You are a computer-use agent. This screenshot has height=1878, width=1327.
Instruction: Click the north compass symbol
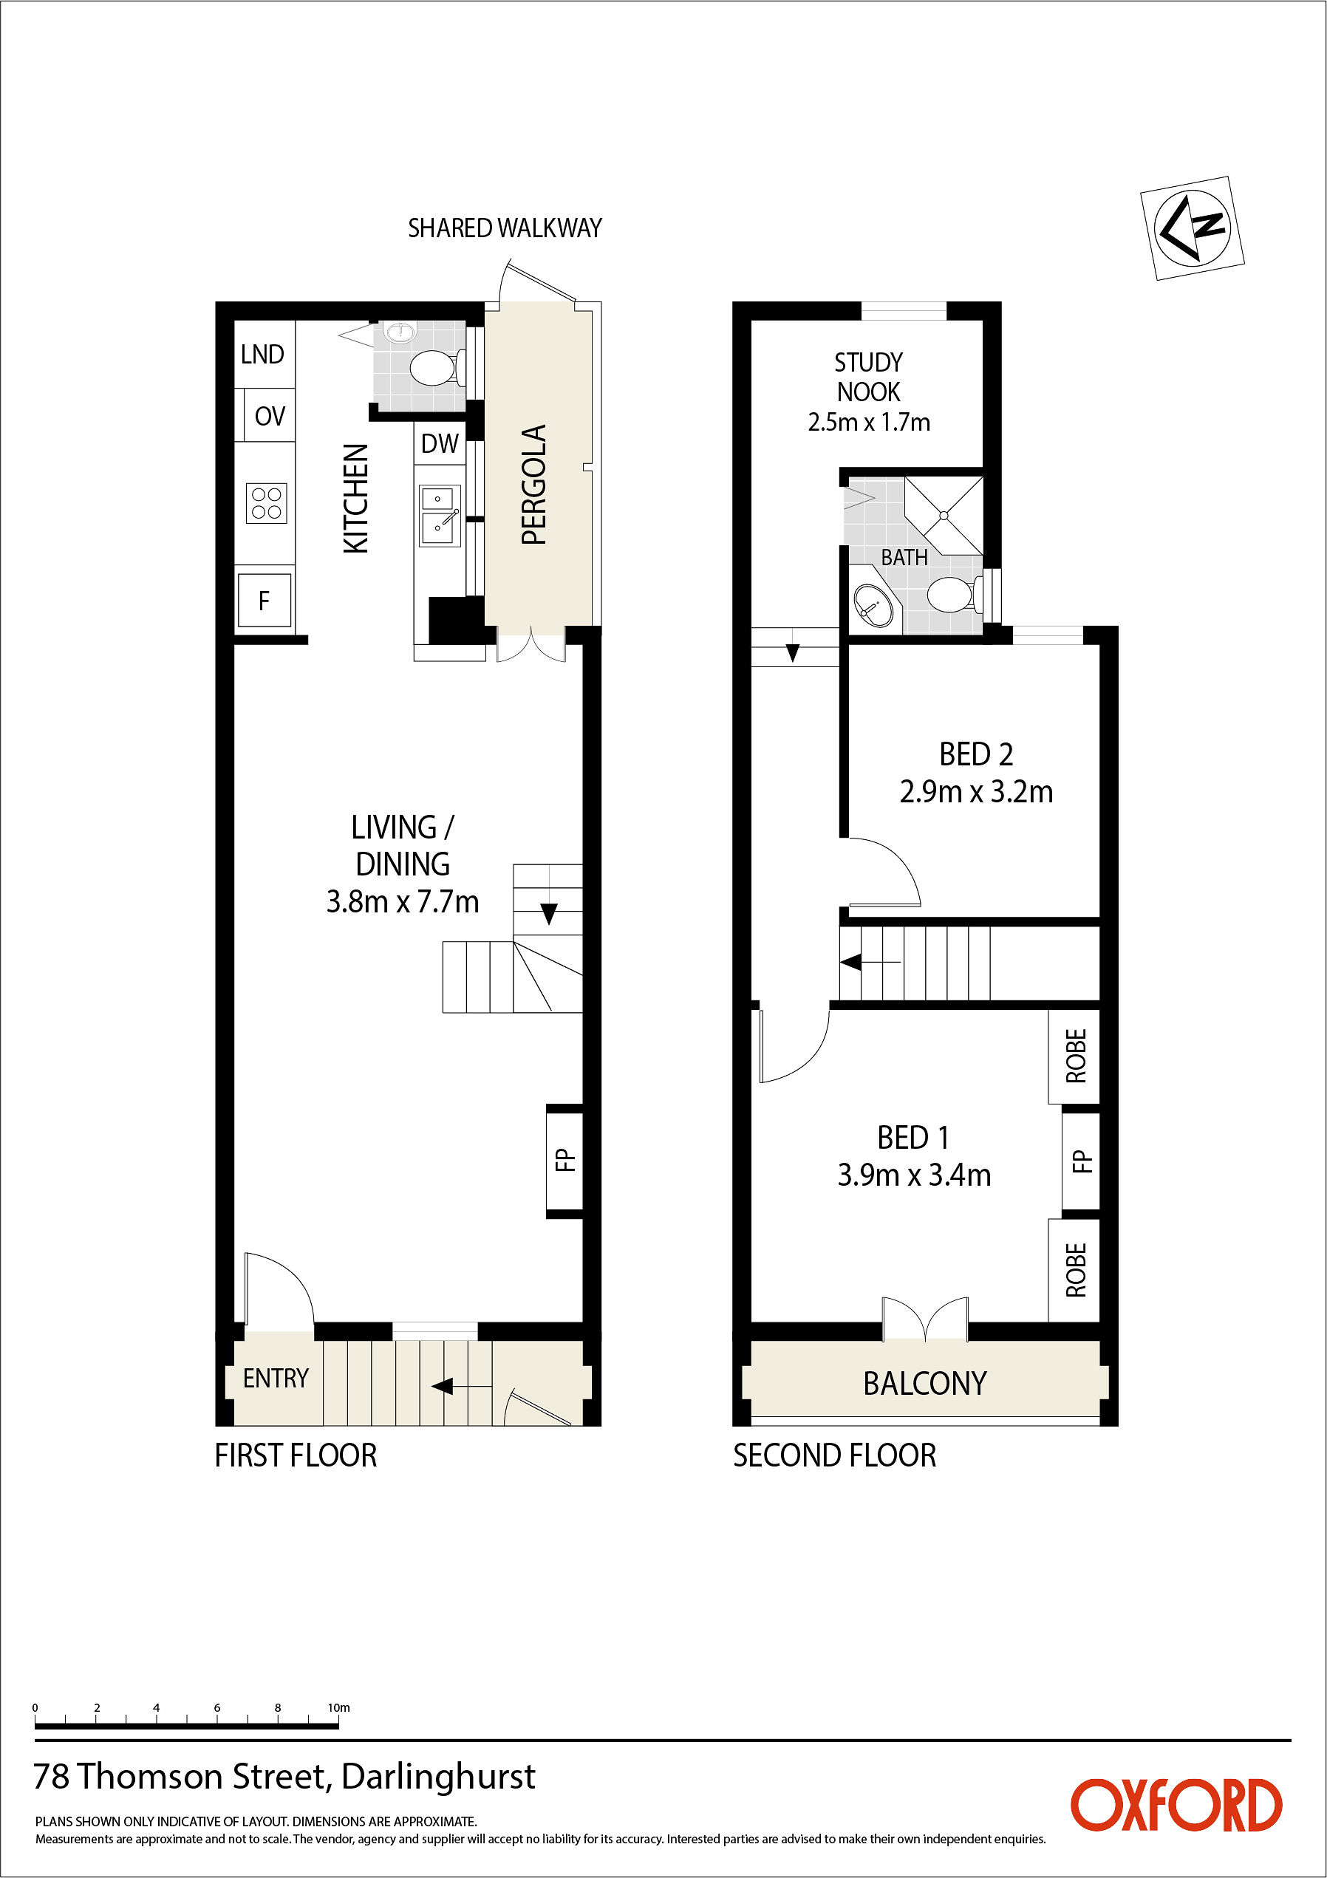[1192, 228]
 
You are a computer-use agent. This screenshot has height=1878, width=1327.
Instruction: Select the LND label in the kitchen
[262, 354]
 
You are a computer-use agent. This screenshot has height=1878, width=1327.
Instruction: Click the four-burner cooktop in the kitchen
[267, 503]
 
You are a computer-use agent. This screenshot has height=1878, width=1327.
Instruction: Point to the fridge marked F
[265, 601]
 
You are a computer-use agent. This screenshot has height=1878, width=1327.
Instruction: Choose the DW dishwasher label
[440, 443]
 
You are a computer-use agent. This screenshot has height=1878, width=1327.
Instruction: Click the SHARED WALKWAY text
[505, 228]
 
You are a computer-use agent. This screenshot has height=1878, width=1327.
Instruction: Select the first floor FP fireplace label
[564, 1160]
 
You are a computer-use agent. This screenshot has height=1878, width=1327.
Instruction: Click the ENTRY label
[276, 1379]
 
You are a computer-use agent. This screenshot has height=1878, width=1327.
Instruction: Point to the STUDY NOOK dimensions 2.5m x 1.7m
[869, 422]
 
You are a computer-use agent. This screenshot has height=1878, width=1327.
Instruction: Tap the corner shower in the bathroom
[944, 516]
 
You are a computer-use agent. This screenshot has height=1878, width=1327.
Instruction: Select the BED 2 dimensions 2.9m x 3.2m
[976, 792]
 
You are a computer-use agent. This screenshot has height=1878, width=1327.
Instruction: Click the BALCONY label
[925, 1383]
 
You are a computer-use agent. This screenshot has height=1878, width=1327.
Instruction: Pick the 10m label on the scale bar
[338, 1707]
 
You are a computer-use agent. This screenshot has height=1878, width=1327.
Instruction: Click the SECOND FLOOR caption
[834, 1455]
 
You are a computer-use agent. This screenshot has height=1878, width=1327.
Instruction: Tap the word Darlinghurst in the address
[438, 1778]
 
